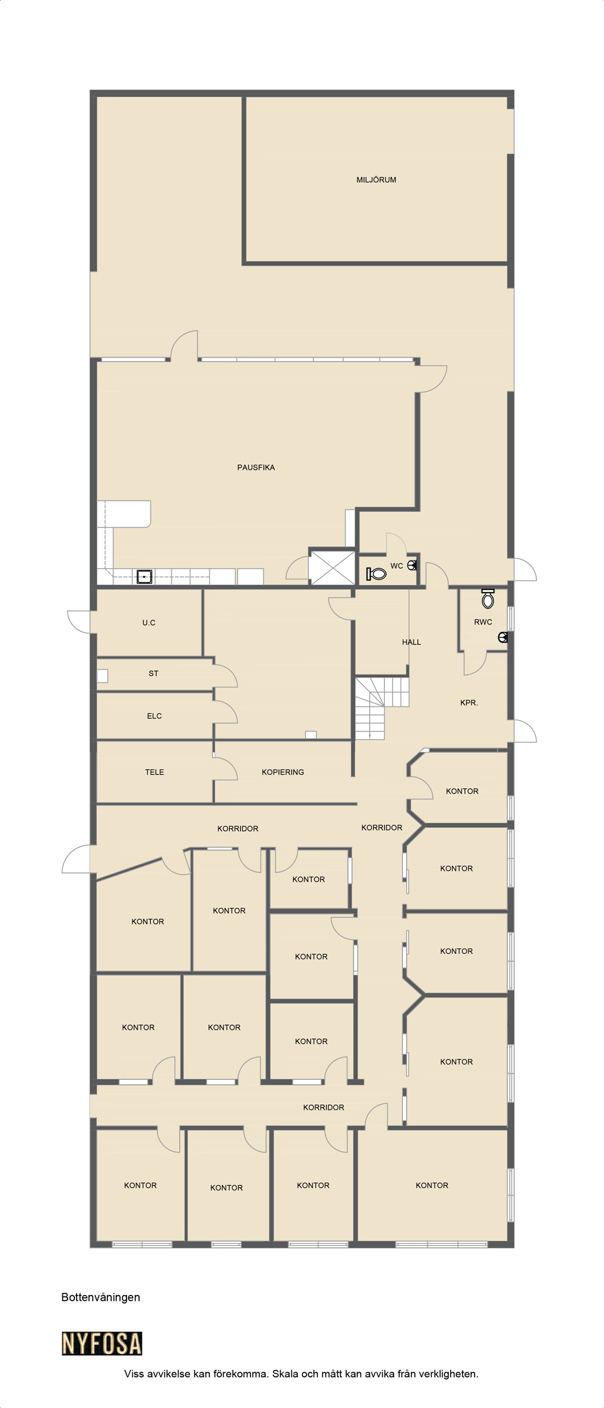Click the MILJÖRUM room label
(x=376, y=180)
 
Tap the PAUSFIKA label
(x=256, y=468)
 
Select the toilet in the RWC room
(x=488, y=598)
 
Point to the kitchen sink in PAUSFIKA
(x=145, y=577)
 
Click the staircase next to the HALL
(x=382, y=707)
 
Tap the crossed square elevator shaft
(x=332, y=567)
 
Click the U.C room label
(x=149, y=623)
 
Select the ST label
(x=153, y=673)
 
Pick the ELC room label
(x=154, y=716)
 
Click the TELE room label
(x=154, y=772)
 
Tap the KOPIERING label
(x=283, y=772)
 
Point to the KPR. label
(x=469, y=703)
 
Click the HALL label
(x=412, y=642)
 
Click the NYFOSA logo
(x=102, y=1344)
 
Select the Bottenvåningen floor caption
(x=100, y=1297)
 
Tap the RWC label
(x=483, y=622)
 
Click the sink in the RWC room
(x=502, y=638)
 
